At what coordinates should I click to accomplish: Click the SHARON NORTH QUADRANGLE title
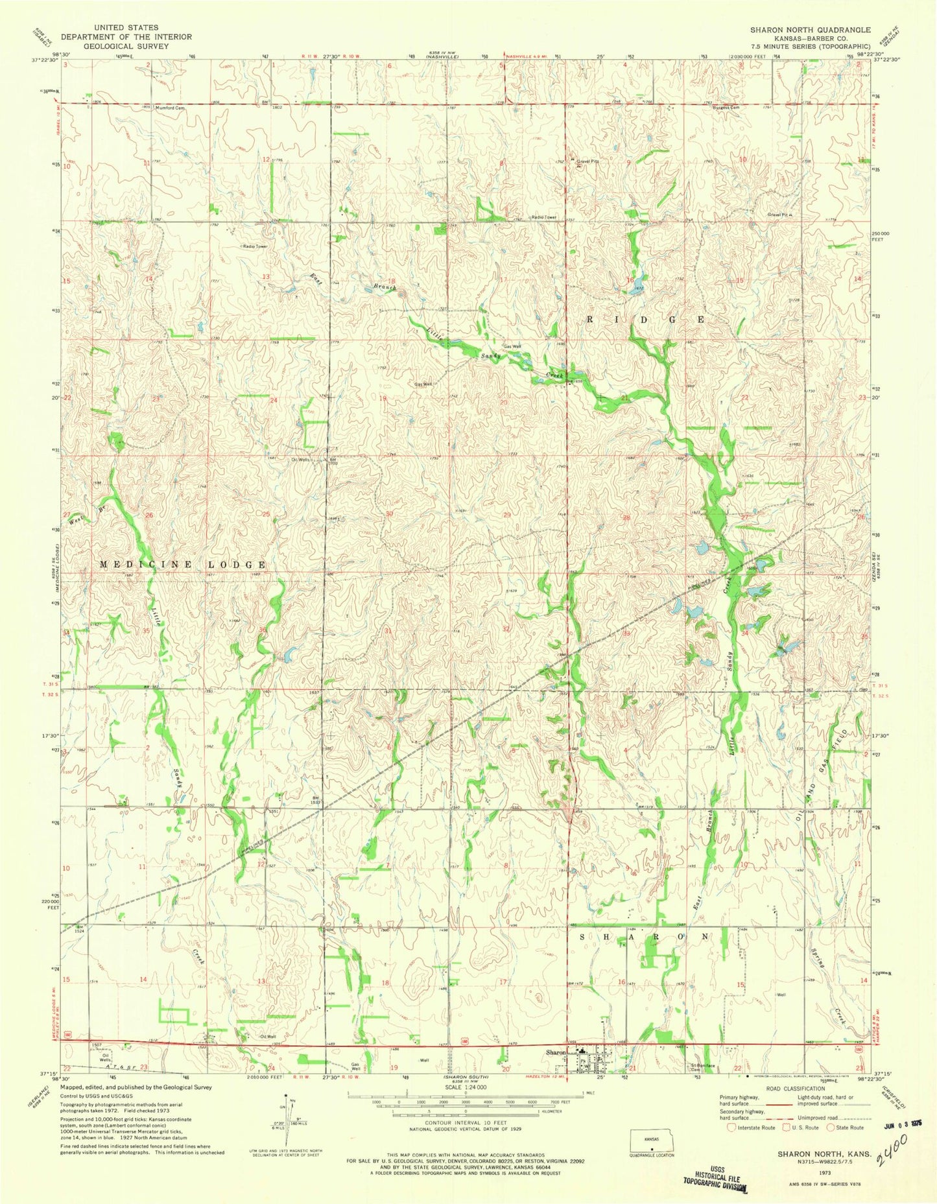[810, 29]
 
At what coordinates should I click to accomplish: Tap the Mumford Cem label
[170, 108]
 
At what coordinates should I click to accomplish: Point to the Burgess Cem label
[726, 108]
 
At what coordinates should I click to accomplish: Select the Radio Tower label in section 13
[255, 246]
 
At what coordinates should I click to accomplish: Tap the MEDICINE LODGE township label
[182, 565]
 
